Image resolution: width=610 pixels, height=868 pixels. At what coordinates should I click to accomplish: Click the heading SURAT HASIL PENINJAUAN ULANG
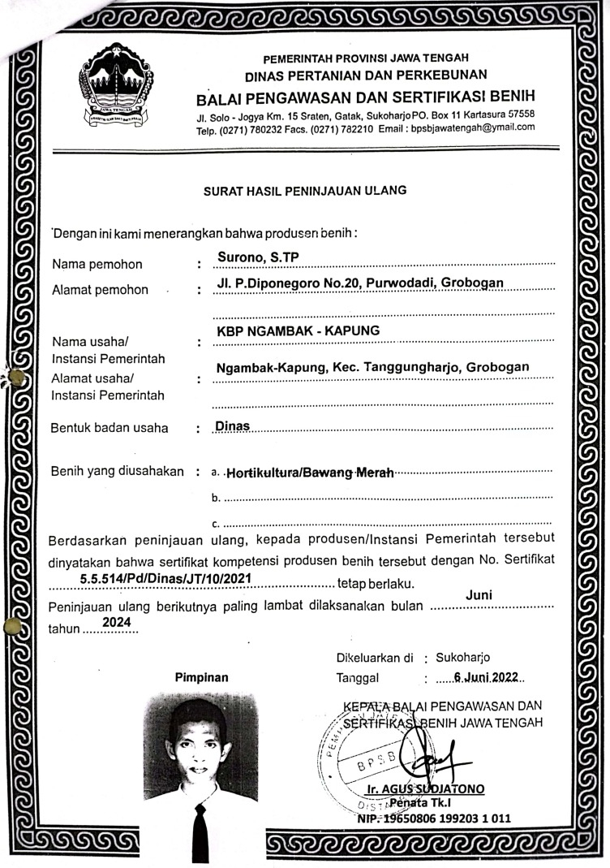(304, 192)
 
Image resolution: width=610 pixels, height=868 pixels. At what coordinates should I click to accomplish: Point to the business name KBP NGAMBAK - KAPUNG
(298, 330)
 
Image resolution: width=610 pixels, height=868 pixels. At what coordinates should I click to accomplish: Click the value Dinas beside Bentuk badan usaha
(232, 425)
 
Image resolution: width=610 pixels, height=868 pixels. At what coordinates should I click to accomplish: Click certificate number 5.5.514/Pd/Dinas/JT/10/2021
(165, 577)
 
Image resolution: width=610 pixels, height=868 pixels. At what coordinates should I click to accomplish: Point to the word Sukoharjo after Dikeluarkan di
(462, 657)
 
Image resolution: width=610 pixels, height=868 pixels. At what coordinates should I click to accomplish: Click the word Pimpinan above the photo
(201, 676)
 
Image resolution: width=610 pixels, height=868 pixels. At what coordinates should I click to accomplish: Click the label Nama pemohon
(97, 264)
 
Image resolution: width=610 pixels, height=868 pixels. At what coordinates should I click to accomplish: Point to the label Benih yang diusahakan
(117, 471)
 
